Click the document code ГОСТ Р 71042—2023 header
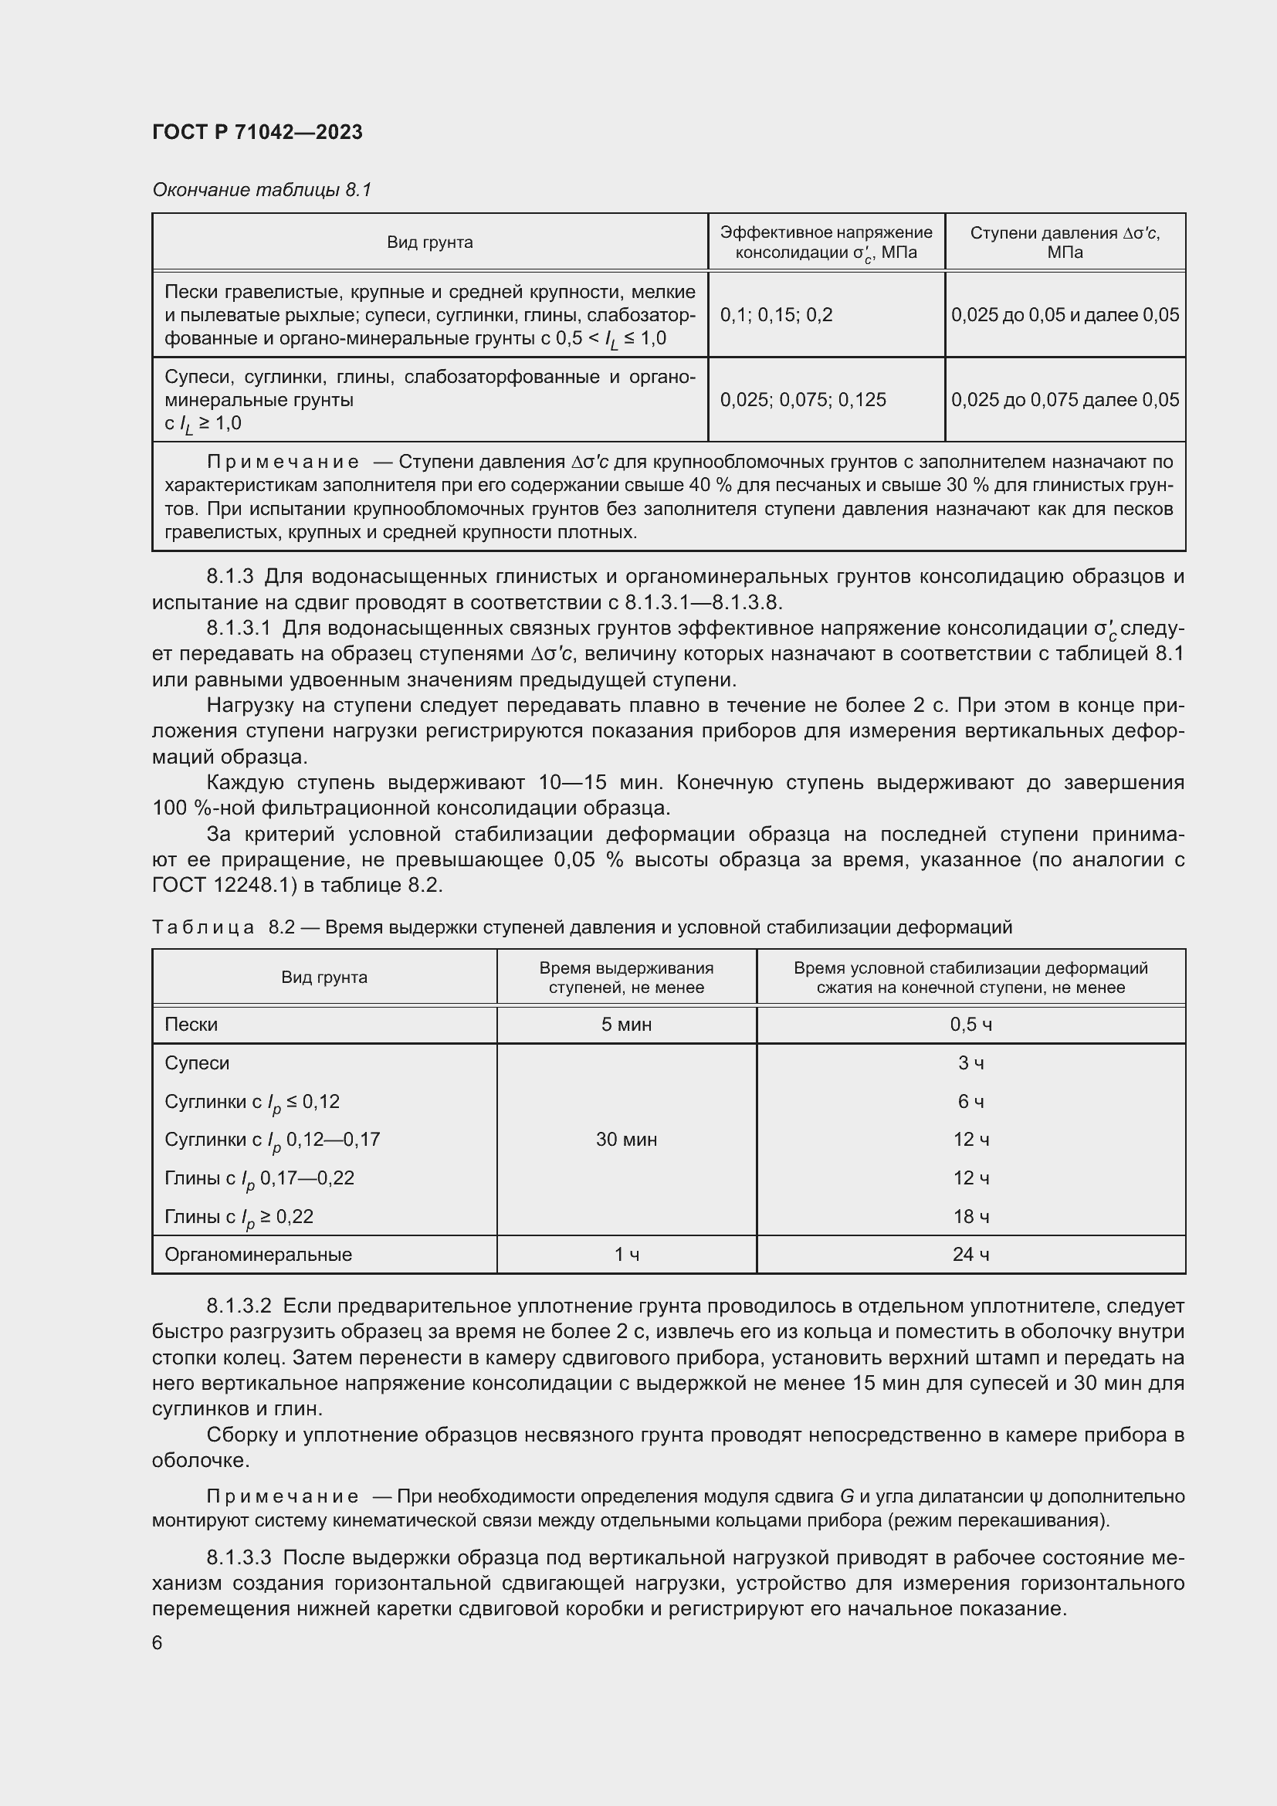tap(257, 132)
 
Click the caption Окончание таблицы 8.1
tap(261, 190)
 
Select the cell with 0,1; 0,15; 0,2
tap(775, 314)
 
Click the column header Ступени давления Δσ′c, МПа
tap(1065, 242)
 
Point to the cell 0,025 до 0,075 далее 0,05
tap(1065, 400)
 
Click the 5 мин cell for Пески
tap(626, 1024)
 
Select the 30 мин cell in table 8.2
tap(626, 1139)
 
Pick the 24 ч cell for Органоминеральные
tap(970, 1254)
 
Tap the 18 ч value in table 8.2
tap(970, 1216)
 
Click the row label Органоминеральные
tap(258, 1254)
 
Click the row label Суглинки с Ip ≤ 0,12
tap(252, 1101)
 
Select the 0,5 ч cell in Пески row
tap(970, 1024)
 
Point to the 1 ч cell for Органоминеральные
tap(626, 1254)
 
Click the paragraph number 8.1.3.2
tap(239, 1306)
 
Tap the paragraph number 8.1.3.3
tap(239, 1558)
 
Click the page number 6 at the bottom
tap(158, 1643)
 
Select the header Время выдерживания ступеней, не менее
tap(626, 978)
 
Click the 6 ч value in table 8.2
tap(970, 1101)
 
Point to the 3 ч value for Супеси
tap(970, 1062)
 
